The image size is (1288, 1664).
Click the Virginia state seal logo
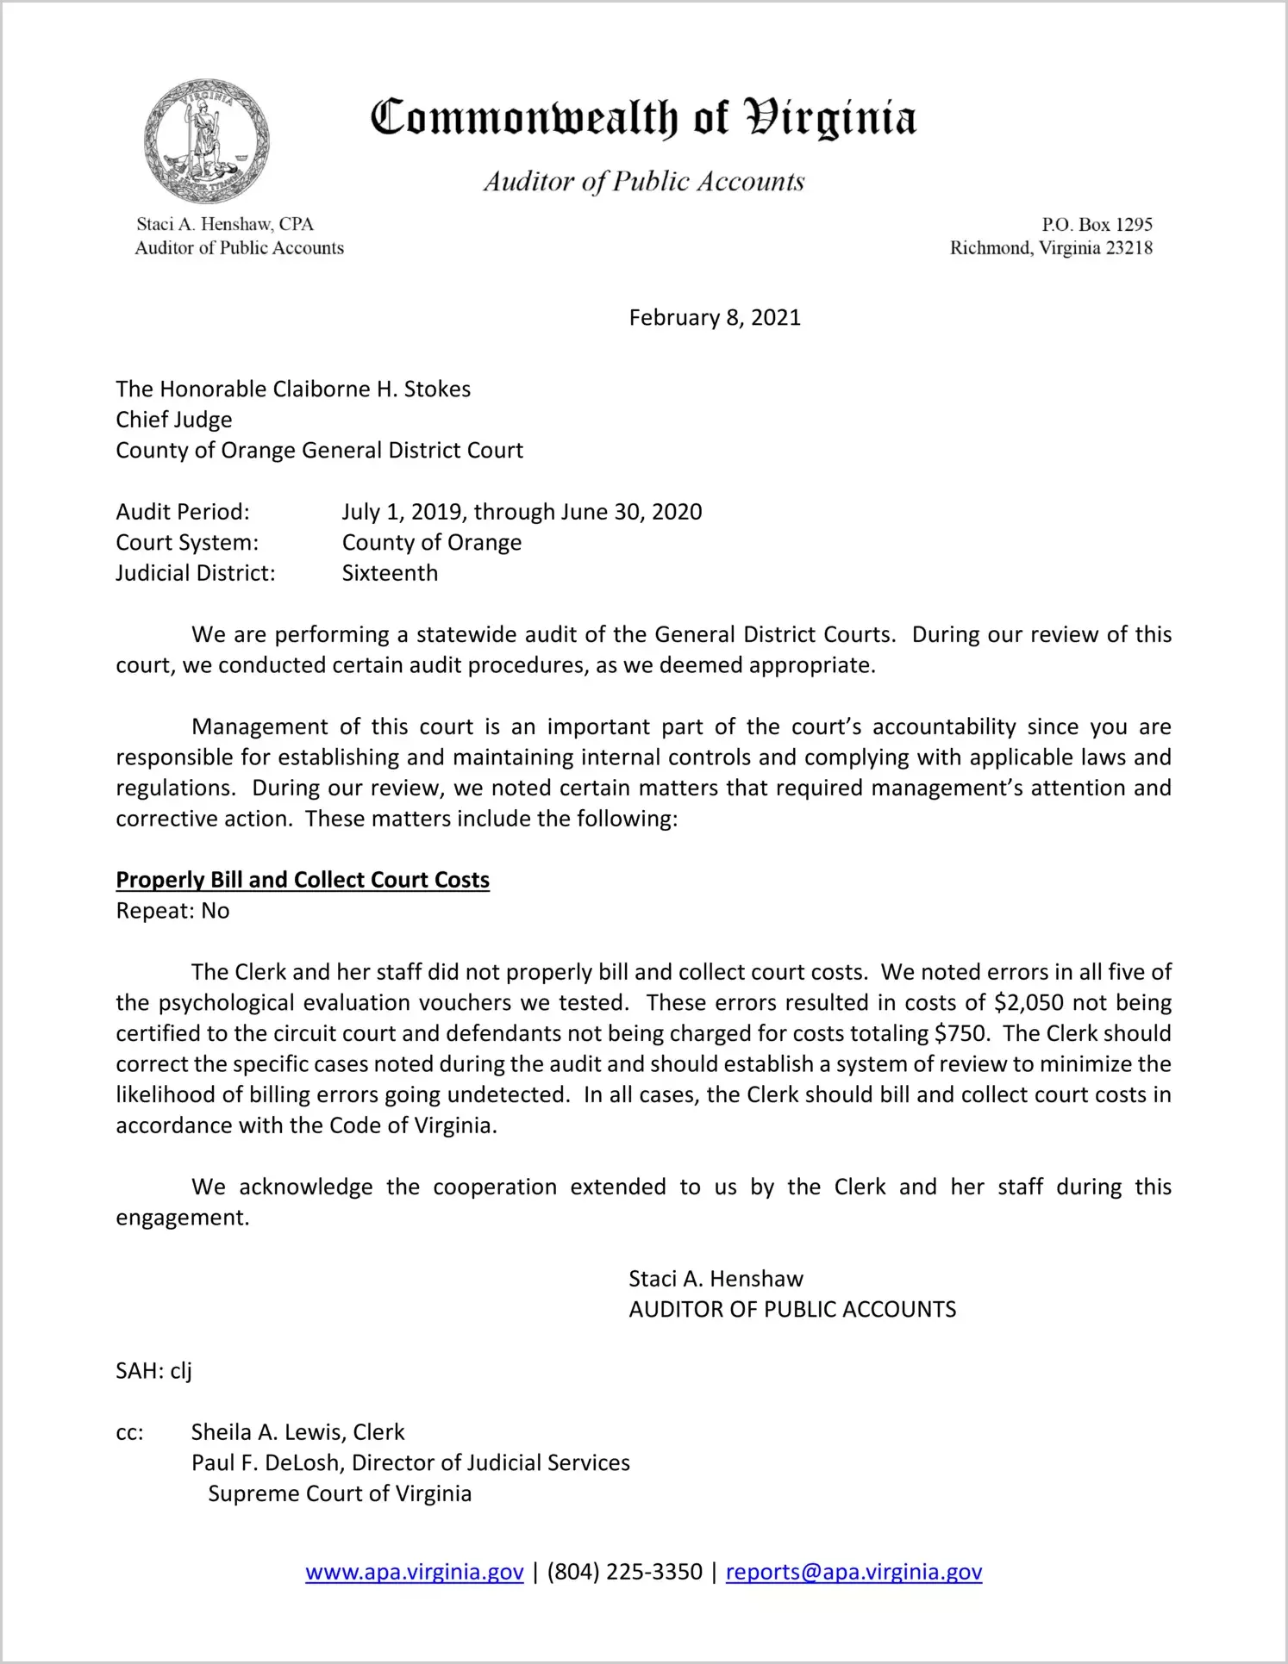[207, 141]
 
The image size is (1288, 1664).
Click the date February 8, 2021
[715, 318]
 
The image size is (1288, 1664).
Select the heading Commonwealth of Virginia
[643, 119]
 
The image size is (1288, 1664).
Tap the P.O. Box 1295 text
[1097, 225]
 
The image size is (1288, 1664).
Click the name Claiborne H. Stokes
[372, 390]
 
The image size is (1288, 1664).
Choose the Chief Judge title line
[174, 420]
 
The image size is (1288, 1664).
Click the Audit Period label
[183, 512]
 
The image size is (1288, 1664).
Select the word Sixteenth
[390, 573]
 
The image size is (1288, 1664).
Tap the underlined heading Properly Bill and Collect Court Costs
[303, 880]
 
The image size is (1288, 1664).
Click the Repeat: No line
[172, 911]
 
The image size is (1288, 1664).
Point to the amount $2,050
[1029, 1003]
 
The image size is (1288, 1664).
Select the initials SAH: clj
[153, 1371]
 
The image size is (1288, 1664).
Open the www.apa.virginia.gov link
[415, 1573]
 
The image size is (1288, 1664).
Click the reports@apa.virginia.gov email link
[853, 1573]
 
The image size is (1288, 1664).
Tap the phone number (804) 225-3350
[624, 1573]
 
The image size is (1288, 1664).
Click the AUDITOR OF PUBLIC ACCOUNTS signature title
[792, 1310]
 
